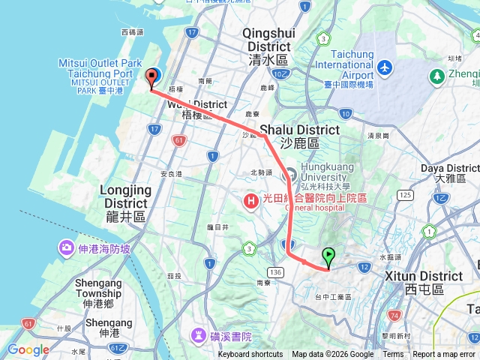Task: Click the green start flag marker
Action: (x=328, y=258)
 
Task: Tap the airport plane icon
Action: (x=385, y=67)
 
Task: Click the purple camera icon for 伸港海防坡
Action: (x=67, y=247)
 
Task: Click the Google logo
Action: (x=28, y=349)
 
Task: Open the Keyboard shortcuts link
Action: (x=250, y=355)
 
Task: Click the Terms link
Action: (x=393, y=355)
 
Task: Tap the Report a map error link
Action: (x=444, y=355)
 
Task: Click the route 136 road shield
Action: (x=278, y=271)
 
